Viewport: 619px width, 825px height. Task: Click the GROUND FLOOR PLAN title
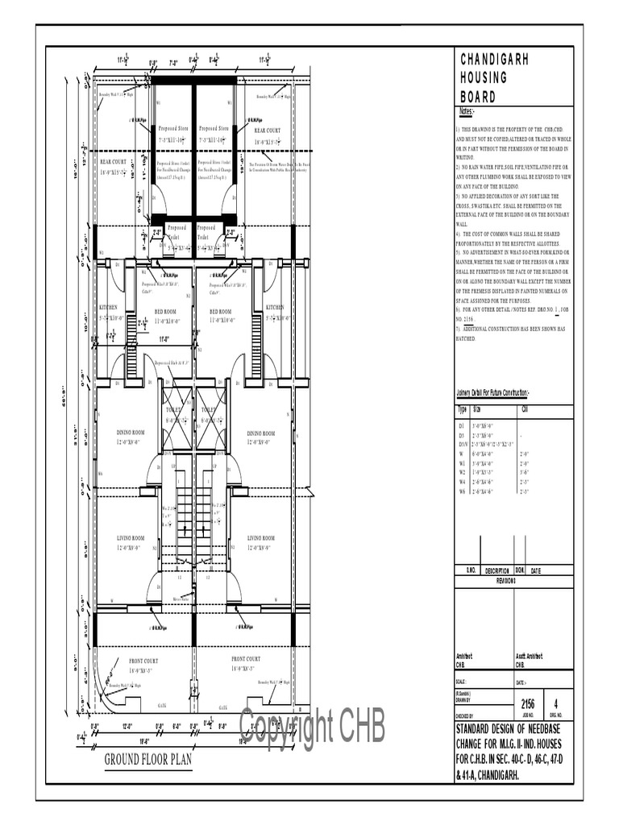click(147, 759)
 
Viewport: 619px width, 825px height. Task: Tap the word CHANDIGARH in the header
click(495, 60)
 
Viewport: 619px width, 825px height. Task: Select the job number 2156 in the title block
click(528, 703)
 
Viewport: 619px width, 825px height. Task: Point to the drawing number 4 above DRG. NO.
click(557, 703)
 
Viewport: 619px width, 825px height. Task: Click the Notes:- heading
click(467, 111)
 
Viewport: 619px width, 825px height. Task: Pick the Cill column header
click(525, 409)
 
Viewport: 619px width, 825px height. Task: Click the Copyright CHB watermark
click(312, 727)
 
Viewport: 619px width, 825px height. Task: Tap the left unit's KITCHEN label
click(108, 308)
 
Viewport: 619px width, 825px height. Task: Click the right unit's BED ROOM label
click(220, 312)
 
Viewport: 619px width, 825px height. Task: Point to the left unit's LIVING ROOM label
click(127, 538)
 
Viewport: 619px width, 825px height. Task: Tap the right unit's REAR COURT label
click(268, 130)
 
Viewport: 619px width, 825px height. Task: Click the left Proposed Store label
click(172, 128)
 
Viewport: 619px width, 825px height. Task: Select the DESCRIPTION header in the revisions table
click(496, 570)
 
